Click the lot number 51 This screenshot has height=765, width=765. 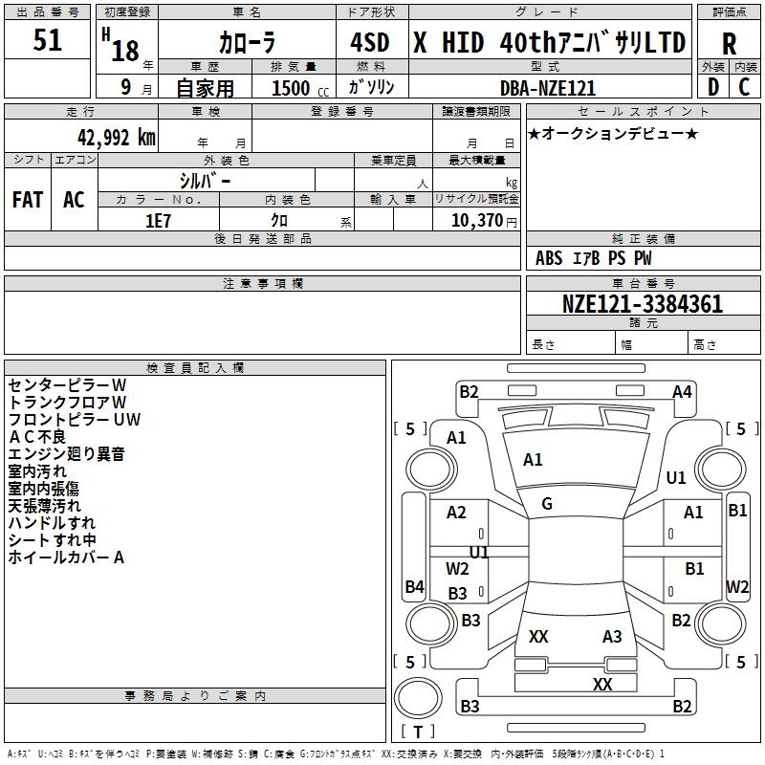(x=47, y=40)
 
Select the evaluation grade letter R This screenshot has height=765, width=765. (x=729, y=44)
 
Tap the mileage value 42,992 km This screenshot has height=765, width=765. (x=116, y=138)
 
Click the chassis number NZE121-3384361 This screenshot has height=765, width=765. (x=642, y=303)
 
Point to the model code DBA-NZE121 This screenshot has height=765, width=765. (x=548, y=88)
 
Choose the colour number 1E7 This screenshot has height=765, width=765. (x=158, y=221)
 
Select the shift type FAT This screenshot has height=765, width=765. (x=28, y=200)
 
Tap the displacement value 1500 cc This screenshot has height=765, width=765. (x=300, y=88)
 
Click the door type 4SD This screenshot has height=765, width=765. (x=370, y=43)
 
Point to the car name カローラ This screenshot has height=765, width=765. (x=248, y=43)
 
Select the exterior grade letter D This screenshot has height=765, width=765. (x=713, y=87)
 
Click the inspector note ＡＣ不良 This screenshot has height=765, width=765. (x=37, y=437)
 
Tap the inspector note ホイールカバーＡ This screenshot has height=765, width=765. (x=66, y=557)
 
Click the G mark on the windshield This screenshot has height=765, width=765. (x=547, y=504)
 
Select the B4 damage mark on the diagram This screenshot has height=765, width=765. (x=414, y=586)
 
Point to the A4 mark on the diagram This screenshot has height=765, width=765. (x=682, y=392)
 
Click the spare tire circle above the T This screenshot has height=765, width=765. (x=418, y=697)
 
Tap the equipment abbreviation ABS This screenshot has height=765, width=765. (x=549, y=258)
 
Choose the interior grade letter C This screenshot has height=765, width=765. (x=744, y=87)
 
